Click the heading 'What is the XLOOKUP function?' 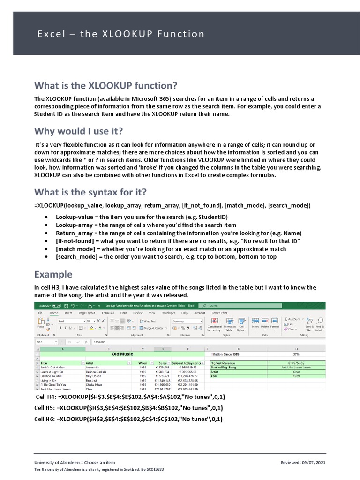coord(105,85)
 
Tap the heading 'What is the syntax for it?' coord(90,192)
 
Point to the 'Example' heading coord(53,274)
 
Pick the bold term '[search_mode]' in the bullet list coord(77,257)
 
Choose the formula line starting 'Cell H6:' coord(128,419)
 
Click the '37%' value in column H coord(296,354)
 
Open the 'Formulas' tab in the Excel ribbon coord(108,313)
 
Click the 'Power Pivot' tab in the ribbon coord(219,313)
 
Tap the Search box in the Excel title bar coord(234,306)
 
